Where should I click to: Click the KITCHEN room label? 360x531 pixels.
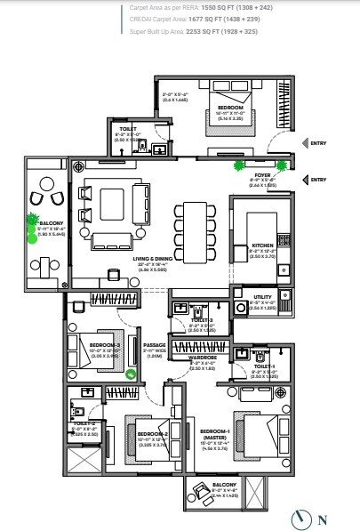[x=261, y=245]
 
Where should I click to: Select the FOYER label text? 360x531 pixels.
[x=262, y=175]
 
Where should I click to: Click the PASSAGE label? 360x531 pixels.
[x=155, y=343]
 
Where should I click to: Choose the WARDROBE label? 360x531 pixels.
[x=204, y=357]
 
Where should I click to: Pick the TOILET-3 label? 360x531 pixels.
[x=203, y=319]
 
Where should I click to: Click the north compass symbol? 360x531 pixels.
[x=302, y=519]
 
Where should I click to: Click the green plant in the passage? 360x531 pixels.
[x=130, y=374]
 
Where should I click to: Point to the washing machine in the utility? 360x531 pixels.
[x=240, y=309]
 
